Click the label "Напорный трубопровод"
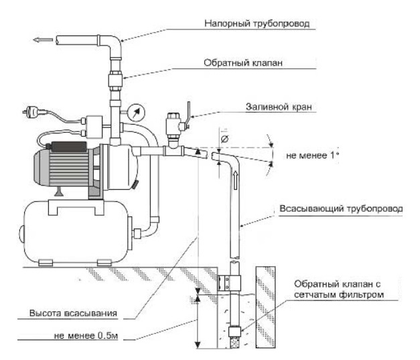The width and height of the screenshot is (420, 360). coord(257,23)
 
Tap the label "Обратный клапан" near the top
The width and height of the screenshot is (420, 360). coord(243,63)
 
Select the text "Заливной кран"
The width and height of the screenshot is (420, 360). coord(279,107)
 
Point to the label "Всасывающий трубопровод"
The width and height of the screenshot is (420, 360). coord(341,208)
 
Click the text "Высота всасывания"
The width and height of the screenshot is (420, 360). coord(74,313)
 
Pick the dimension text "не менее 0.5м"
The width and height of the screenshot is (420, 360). coord(86,336)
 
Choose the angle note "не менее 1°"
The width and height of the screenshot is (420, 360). coord(312,156)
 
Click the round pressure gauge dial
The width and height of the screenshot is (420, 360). coord(136,113)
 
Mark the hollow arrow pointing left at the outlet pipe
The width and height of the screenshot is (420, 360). coord(43,40)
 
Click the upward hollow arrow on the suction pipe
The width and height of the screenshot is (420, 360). coord(235,180)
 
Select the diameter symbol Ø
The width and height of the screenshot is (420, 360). coord(225,139)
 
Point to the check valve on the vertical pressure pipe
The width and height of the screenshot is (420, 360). coord(115,80)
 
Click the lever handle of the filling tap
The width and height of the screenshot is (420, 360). coord(189,113)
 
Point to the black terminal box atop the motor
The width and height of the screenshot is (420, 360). coord(69,147)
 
